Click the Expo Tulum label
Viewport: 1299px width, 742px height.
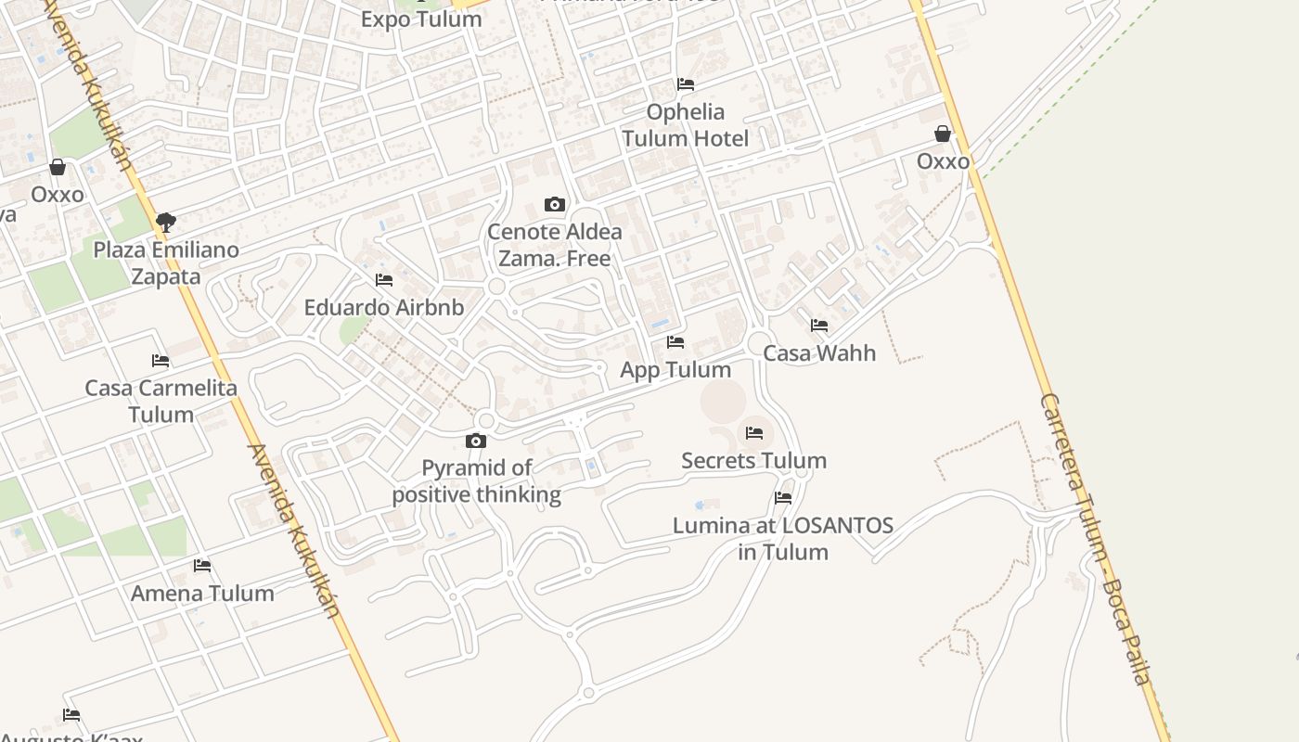[x=421, y=19]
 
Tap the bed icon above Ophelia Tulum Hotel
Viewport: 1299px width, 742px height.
[x=686, y=84]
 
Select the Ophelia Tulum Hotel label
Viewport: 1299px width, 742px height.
[x=686, y=125]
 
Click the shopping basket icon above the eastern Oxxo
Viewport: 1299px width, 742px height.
[x=943, y=134]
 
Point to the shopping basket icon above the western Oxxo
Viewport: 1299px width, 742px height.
[x=58, y=167]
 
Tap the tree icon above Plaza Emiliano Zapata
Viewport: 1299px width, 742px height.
[x=166, y=223]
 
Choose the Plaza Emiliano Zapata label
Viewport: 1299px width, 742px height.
[x=166, y=263]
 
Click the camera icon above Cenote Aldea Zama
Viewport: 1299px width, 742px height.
[x=555, y=204]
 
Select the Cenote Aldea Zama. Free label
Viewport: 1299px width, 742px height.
[x=555, y=245]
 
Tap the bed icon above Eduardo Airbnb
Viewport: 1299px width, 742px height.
[x=384, y=280]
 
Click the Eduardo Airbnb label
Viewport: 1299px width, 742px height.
[x=384, y=308]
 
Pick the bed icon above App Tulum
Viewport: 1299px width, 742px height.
[x=675, y=343]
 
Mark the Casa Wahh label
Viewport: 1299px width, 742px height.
[x=819, y=353]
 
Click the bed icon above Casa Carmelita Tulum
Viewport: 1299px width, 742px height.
[x=161, y=361]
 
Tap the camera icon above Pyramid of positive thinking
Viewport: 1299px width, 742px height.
[x=476, y=441]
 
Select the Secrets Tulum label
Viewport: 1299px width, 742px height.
[x=753, y=461]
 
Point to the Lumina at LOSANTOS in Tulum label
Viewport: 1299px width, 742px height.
[x=783, y=539]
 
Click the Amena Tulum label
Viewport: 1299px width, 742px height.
[x=202, y=594]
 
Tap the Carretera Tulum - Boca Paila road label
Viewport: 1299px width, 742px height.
[x=1096, y=538]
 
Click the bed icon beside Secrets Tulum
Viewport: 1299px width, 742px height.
[x=754, y=433]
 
